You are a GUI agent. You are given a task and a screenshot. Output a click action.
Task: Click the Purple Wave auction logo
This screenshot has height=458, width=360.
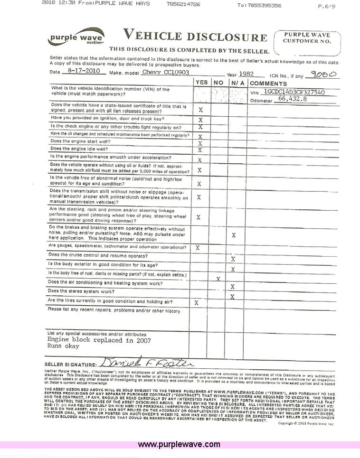coord(76,37)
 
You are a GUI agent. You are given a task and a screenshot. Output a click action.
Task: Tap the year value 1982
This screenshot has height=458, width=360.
coord(246,74)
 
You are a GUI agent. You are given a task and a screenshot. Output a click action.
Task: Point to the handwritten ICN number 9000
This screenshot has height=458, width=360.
coord(323,74)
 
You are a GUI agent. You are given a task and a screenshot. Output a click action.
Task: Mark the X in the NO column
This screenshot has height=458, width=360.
coord(218,279)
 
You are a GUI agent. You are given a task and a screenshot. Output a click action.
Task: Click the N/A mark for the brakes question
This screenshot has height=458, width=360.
coord(233,235)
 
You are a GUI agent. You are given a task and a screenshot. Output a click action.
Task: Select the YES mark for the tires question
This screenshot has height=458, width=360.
coord(197,302)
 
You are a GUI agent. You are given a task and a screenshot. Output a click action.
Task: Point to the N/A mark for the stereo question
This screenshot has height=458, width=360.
coord(233,297)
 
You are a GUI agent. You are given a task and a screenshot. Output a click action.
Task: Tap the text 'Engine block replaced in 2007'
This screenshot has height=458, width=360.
coord(99,340)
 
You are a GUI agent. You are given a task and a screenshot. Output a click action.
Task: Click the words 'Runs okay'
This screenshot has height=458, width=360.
coord(63,346)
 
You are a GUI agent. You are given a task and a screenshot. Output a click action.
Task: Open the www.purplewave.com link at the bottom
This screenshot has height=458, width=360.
coord(179,445)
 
